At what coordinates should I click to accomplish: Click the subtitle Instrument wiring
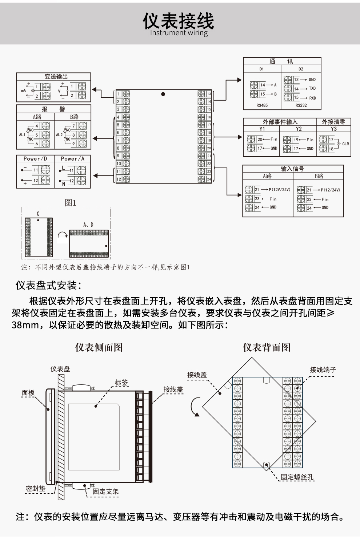tap(179, 33)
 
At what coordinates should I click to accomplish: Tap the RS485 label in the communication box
tap(262, 105)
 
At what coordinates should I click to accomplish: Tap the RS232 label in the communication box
tap(301, 105)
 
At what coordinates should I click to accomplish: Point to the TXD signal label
tap(312, 89)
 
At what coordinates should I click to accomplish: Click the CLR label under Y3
tap(345, 144)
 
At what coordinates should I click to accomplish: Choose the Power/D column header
tap(35, 159)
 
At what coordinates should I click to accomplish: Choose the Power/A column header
tap(72, 159)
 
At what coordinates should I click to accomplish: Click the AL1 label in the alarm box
tap(22, 135)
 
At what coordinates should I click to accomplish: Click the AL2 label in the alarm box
tap(59, 135)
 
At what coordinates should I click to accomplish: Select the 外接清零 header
tap(333, 122)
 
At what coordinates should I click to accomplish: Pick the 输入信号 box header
tap(292, 169)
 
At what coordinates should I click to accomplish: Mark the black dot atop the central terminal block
tap(163, 94)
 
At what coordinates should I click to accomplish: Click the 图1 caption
tap(70, 203)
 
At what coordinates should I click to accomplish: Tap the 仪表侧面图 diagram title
tap(99, 347)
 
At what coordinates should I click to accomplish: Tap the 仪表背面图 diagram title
tap(267, 347)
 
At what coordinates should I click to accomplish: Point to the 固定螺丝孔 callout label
tap(297, 477)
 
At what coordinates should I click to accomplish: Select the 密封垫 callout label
tap(36, 489)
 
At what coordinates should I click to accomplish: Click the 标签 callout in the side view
tap(121, 383)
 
